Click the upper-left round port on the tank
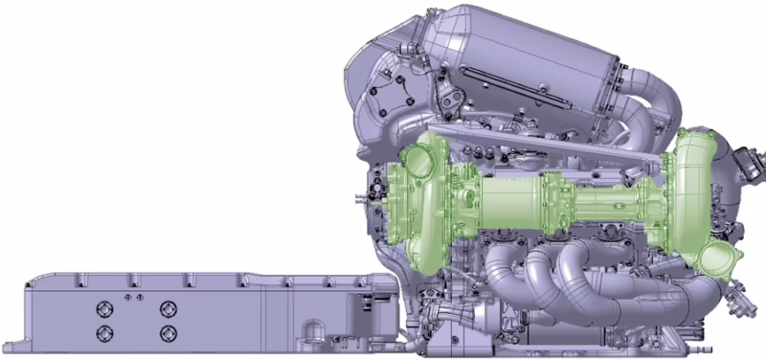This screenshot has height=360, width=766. pos(103,308)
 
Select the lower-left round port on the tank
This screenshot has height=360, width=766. pos(103,333)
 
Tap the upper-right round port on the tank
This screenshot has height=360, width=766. pos(169,308)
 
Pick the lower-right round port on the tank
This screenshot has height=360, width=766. pos(169,333)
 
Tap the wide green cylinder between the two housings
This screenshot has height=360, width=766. pos(507,205)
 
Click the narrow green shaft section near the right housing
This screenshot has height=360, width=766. pos(613,205)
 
